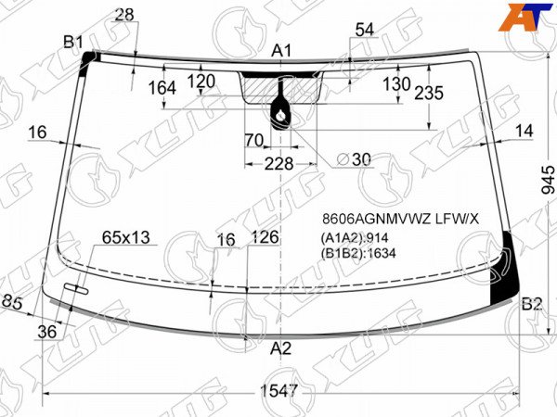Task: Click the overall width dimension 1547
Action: pyautogui.click(x=278, y=391)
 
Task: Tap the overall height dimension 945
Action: pyautogui.click(x=548, y=180)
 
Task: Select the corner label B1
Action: pyautogui.click(x=73, y=43)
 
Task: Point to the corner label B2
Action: pyautogui.click(x=532, y=304)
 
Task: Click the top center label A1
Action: pyautogui.click(x=281, y=51)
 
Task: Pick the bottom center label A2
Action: pyautogui.click(x=280, y=348)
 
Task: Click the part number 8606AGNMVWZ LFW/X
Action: pyautogui.click(x=401, y=219)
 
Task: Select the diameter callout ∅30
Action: pyautogui.click(x=354, y=159)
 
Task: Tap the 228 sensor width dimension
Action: pyautogui.click(x=278, y=164)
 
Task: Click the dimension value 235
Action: pyautogui.click(x=429, y=93)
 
